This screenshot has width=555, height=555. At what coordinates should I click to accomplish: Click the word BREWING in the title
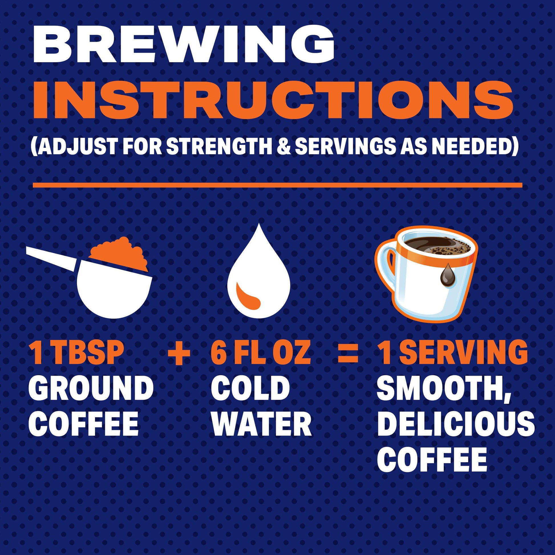(184, 46)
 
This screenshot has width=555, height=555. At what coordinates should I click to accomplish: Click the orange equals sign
(348, 353)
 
